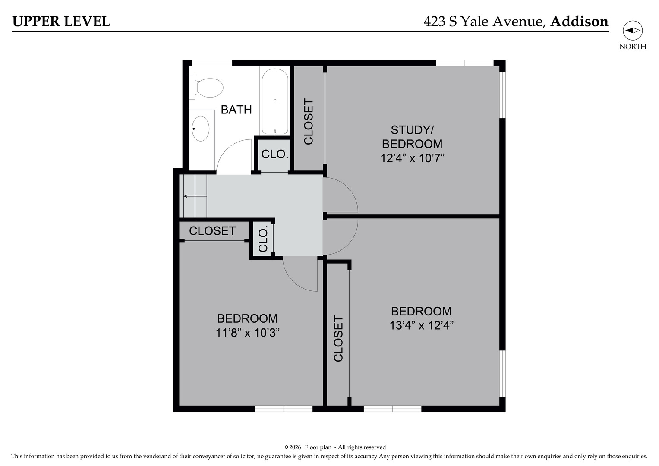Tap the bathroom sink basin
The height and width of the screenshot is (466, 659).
(201, 129)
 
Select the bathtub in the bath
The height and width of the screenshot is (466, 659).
(275, 101)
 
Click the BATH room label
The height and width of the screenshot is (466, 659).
(236, 110)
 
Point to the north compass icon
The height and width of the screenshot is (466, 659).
(632, 31)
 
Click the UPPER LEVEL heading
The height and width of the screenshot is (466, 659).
(61, 22)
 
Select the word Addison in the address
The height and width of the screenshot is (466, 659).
(579, 22)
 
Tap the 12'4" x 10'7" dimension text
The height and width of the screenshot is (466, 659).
(412, 158)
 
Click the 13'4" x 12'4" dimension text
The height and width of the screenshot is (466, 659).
(421, 325)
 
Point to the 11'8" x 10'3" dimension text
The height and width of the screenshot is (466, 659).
(247, 333)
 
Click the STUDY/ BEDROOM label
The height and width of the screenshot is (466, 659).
(412, 137)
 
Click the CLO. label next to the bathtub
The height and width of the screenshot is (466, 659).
(274, 154)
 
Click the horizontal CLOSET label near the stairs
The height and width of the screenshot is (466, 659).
(212, 231)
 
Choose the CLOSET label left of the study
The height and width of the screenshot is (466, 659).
(308, 122)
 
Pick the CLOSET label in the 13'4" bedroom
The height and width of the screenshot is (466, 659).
(338, 339)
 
